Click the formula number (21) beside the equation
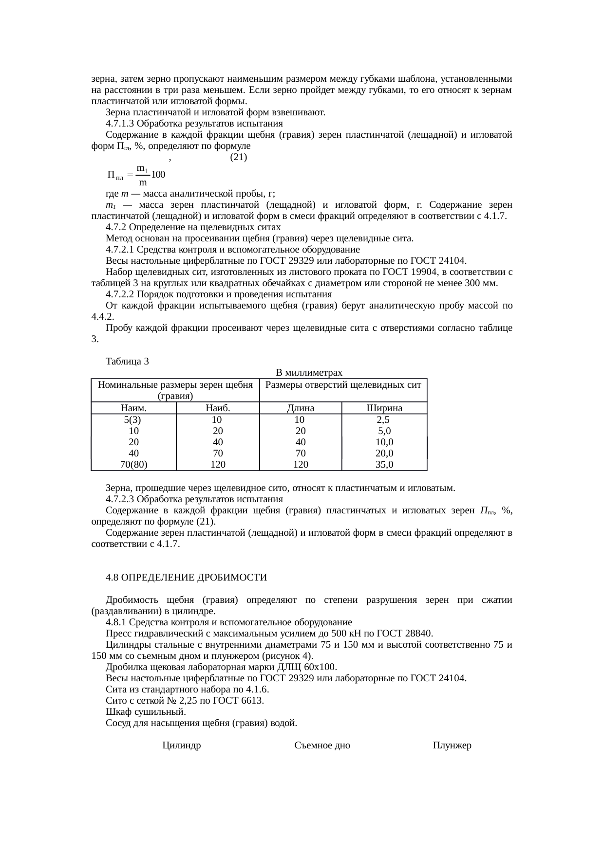[238, 157]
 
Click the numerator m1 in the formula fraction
[142, 168]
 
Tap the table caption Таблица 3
[127, 362]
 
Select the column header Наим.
[133, 408]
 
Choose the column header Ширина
[384, 408]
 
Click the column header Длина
[301, 408]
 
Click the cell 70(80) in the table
[133, 465]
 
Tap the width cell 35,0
[384, 465]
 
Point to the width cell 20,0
[384, 454]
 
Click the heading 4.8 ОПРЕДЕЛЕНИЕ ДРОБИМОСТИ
[186, 578]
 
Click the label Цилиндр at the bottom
[182, 745]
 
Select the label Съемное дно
[322, 745]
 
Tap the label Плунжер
[452, 745]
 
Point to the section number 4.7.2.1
[119, 250]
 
